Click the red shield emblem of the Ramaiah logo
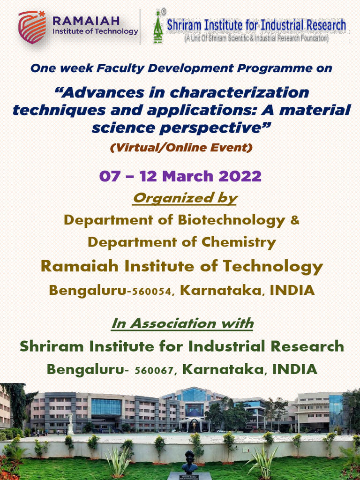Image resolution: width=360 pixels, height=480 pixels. click(x=32, y=27)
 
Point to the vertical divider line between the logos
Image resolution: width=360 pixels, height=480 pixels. click(x=140, y=27)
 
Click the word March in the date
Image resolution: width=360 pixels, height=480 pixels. click(x=187, y=177)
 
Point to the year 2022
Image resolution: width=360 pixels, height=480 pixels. click(x=240, y=177)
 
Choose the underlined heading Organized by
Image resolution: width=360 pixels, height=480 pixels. click(x=185, y=198)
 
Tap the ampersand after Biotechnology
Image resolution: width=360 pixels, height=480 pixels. click(x=295, y=220)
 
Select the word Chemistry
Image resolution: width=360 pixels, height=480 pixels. click(x=239, y=242)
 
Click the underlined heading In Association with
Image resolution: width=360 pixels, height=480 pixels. click(x=182, y=323)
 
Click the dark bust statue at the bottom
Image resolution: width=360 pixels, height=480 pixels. click(x=189, y=462)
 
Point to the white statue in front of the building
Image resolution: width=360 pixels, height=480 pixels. click(x=70, y=423)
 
